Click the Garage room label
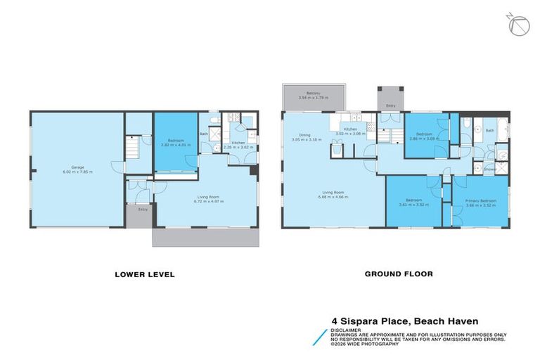coord(77,167)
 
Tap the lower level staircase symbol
coord(134,148)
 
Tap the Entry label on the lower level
coord(143,208)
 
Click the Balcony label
coord(313,93)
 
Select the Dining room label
coord(304,135)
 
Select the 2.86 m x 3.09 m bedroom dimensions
coord(424,139)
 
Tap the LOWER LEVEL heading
coord(144,274)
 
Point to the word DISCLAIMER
coord(346,328)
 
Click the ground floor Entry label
coord(390,105)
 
